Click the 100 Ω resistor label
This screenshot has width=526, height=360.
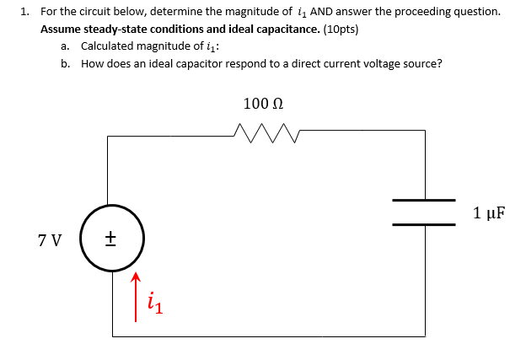point(263,104)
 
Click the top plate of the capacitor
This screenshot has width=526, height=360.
point(424,200)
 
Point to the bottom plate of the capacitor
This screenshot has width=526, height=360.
point(424,224)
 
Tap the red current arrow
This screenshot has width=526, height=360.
point(135,296)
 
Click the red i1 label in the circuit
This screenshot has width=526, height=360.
point(154,303)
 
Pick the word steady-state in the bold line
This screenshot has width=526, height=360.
point(115,28)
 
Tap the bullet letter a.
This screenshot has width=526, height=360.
point(65,46)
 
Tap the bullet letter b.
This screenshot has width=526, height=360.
point(65,63)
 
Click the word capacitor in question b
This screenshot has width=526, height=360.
point(198,63)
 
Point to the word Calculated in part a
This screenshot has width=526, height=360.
point(109,46)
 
